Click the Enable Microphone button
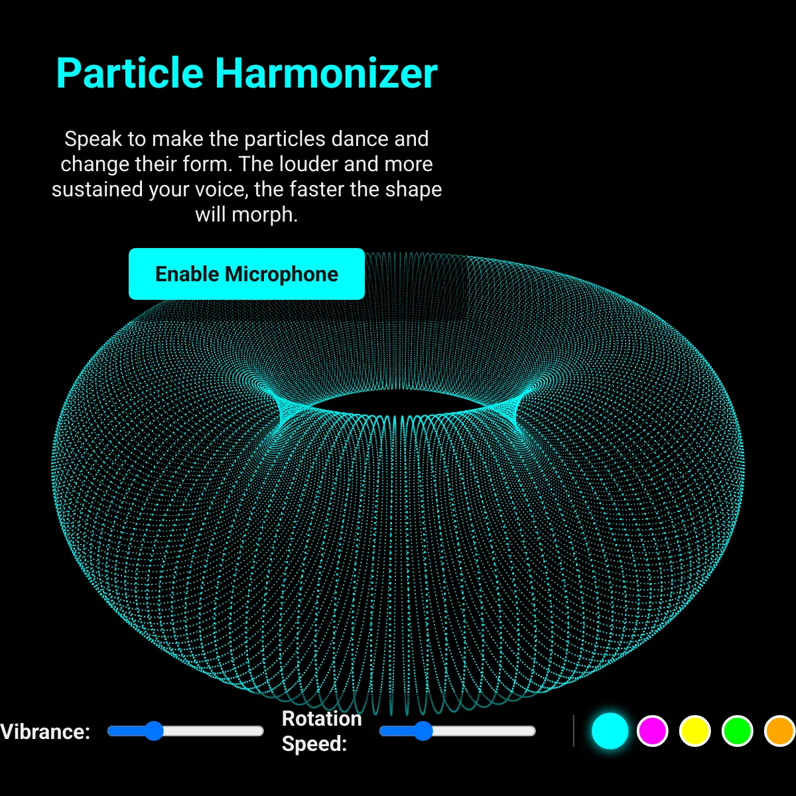tap(247, 274)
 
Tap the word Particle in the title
tap(130, 74)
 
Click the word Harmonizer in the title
tap(326, 74)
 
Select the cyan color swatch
tap(610, 731)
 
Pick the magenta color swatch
tap(652, 731)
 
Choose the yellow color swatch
tap(695, 731)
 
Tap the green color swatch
tap(738, 731)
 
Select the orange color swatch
tap(780, 731)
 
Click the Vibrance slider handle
tap(154, 731)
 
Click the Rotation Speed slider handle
tap(423, 731)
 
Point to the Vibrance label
tap(45, 732)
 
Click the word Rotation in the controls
tap(322, 719)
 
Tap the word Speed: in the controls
tap(314, 744)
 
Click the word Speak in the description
tap(94, 139)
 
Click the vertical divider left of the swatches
tap(574, 731)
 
